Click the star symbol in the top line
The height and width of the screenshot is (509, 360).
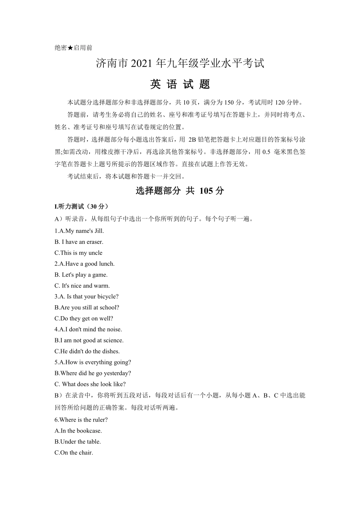tap(70, 48)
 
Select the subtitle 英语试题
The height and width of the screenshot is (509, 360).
tap(180, 84)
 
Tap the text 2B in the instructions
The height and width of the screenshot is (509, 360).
tap(193, 140)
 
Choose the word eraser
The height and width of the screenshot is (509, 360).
tap(94, 242)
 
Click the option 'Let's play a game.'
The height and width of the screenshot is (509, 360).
tap(81, 275)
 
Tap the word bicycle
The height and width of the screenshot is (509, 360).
tap(108, 297)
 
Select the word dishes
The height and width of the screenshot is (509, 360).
tap(110, 351)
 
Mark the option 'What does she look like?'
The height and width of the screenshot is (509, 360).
tap(90, 384)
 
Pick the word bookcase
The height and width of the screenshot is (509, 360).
tap(89, 431)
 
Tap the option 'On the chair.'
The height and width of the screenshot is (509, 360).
tap(74, 453)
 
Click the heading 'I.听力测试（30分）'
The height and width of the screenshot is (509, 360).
tap(81, 206)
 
